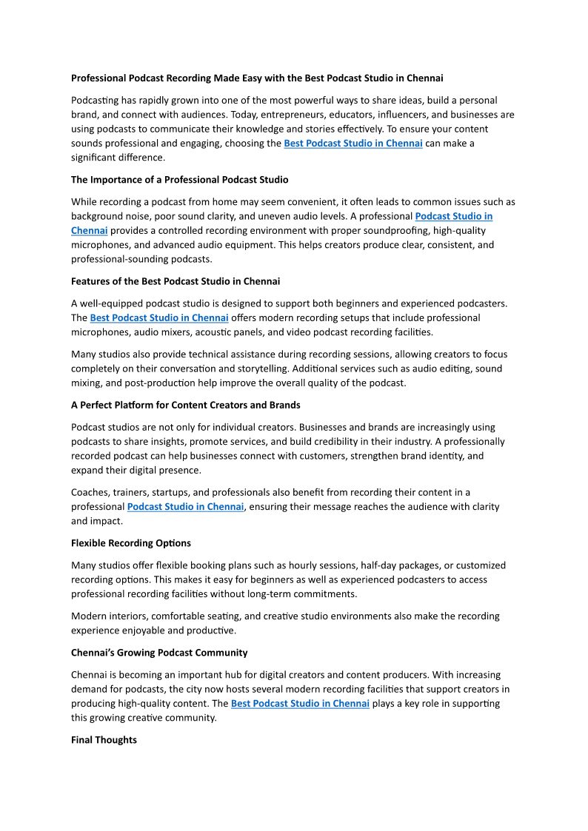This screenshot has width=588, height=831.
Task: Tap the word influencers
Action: pyautogui.click(x=407, y=115)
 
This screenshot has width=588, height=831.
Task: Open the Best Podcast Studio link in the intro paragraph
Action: pyautogui.click(x=353, y=144)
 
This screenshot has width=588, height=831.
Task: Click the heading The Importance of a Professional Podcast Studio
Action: pyautogui.click(x=180, y=180)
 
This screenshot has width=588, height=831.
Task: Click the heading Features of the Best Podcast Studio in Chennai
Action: pyautogui.click(x=176, y=281)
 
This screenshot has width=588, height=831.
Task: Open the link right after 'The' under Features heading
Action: pyautogui.click(x=158, y=318)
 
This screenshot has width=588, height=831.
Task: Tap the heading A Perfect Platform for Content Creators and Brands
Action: pyautogui.click(x=186, y=406)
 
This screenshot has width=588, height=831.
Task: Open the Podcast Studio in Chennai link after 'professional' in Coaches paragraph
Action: pyautogui.click(x=185, y=507)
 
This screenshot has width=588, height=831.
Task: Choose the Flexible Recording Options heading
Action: pyautogui.click(x=131, y=543)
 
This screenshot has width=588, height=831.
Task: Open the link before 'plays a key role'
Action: pyautogui.click(x=299, y=704)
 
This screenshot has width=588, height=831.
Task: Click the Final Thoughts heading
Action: pyautogui.click(x=104, y=740)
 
